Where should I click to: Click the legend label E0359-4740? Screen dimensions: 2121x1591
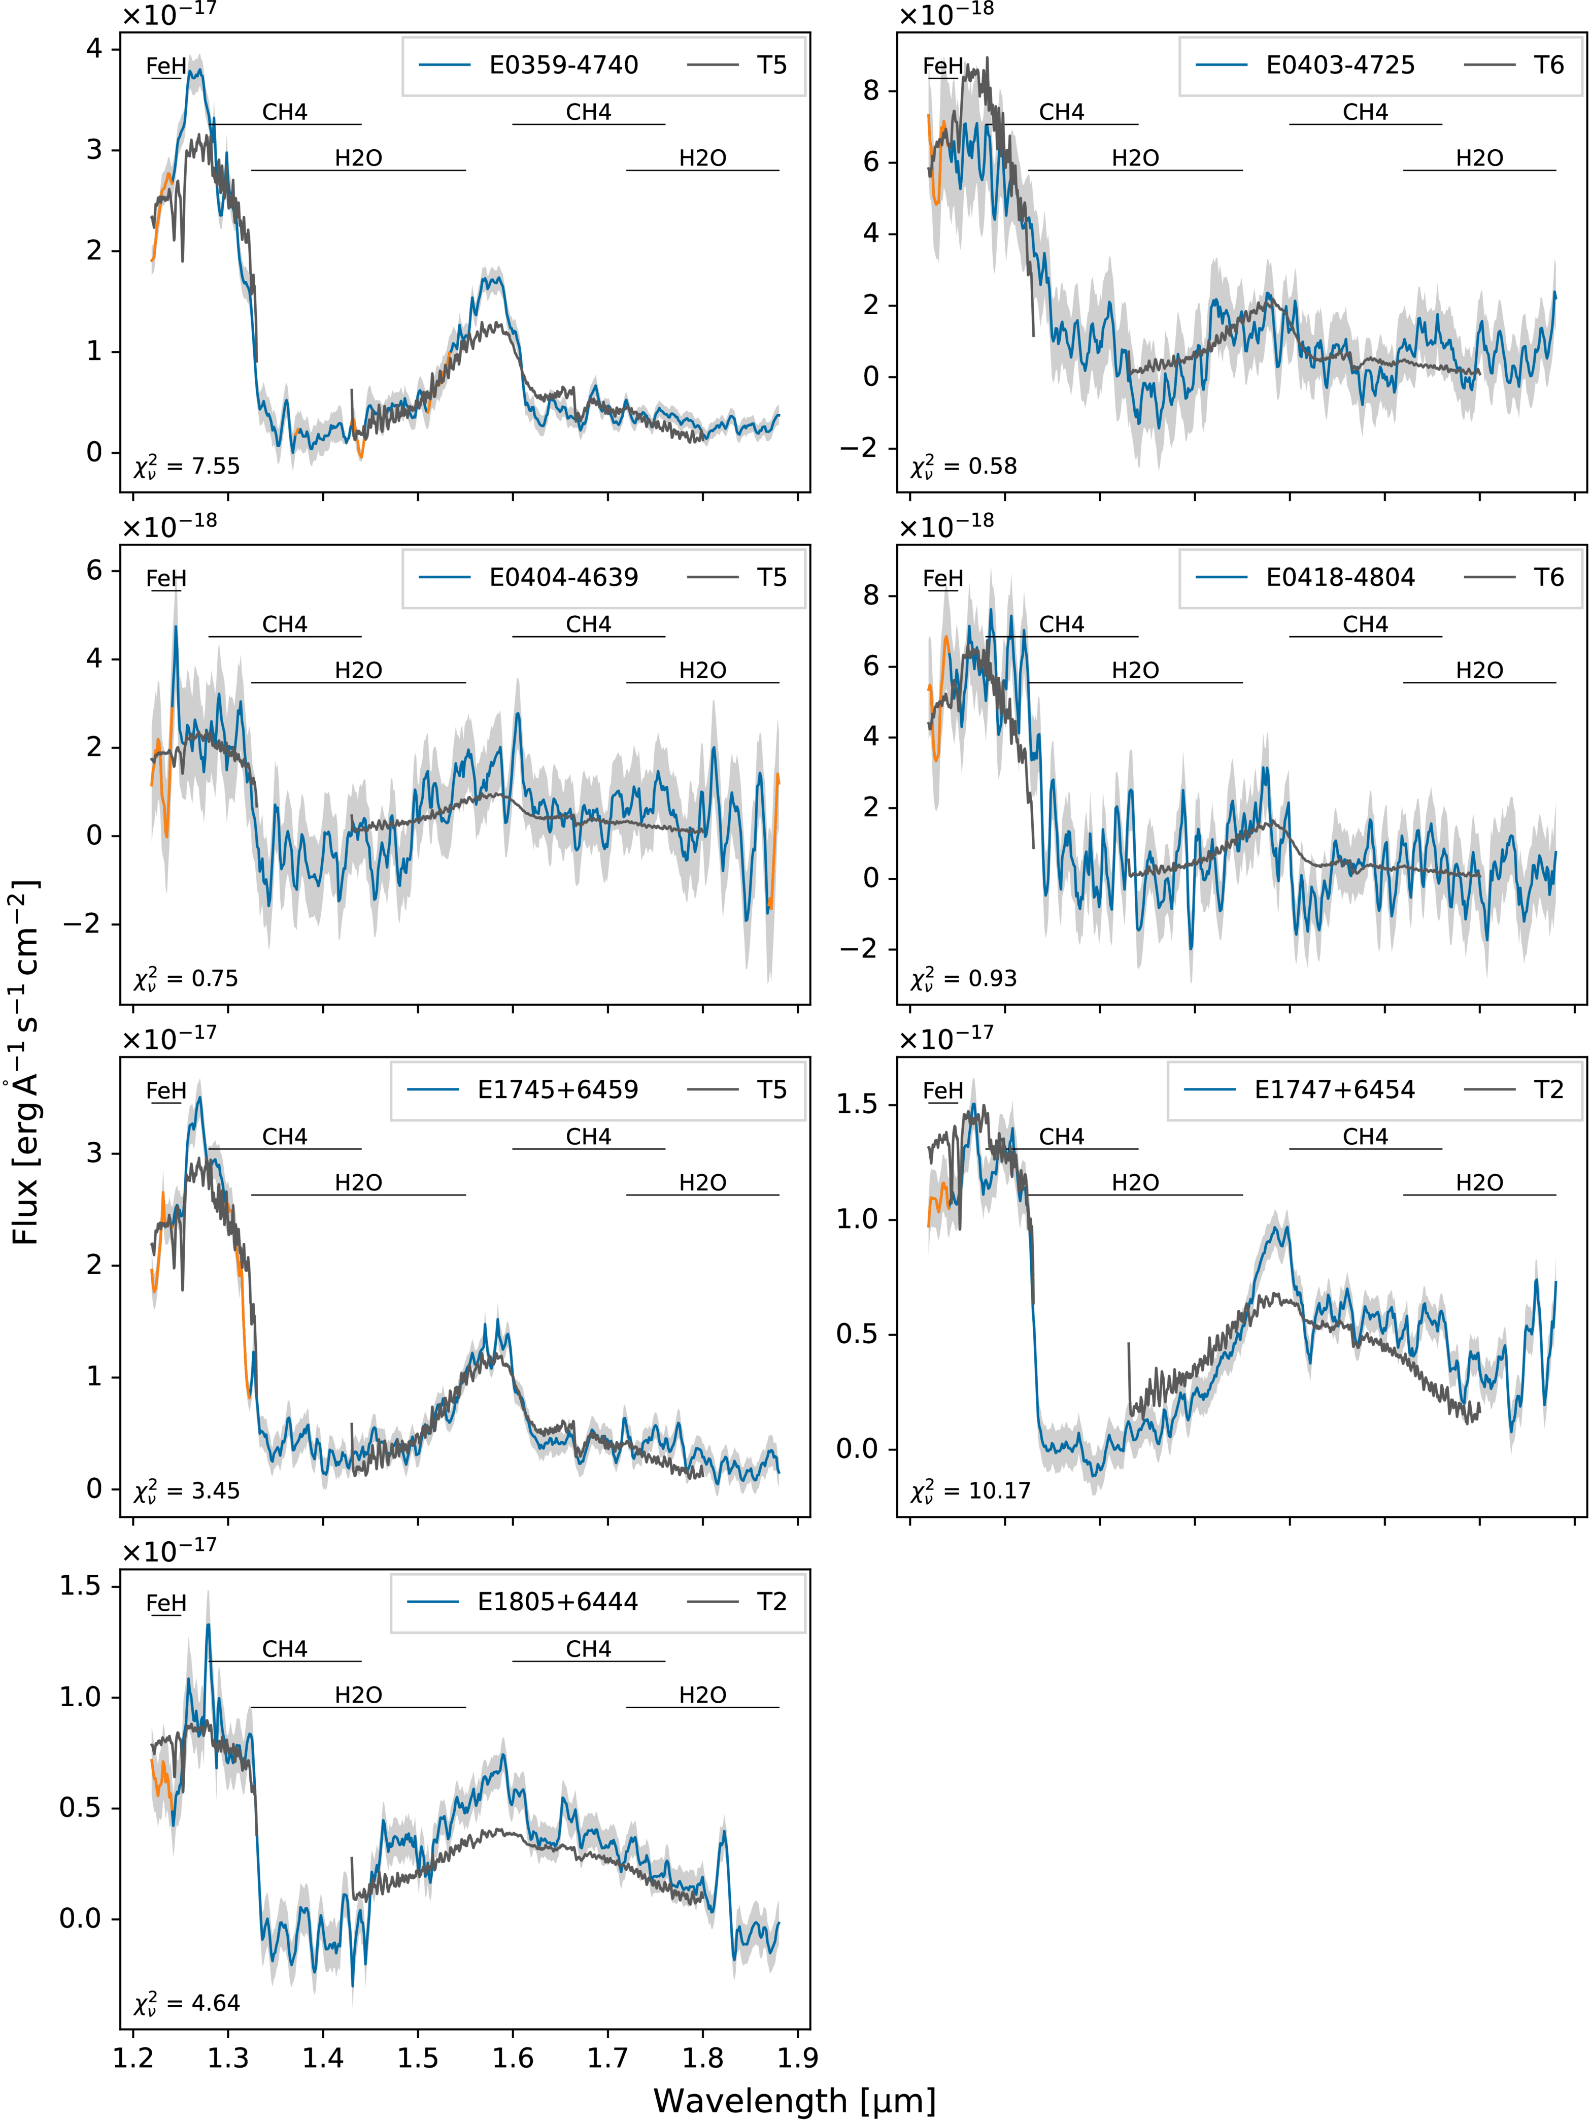pyautogui.click(x=563, y=65)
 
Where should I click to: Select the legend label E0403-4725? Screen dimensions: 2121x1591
pyautogui.click(x=1340, y=65)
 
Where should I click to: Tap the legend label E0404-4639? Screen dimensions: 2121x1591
pyautogui.click(x=563, y=577)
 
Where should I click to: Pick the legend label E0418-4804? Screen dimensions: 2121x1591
pyautogui.click(x=1340, y=577)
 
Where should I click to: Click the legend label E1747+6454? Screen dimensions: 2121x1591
pyautogui.click(x=1334, y=1089)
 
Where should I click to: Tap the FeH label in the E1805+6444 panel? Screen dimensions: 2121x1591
pyautogui.click(x=166, y=1603)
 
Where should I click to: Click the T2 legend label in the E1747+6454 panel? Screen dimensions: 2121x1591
pyautogui.click(x=1548, y=1089)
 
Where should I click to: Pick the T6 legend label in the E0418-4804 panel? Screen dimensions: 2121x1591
pyautogui.click(x=1548, y=577)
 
